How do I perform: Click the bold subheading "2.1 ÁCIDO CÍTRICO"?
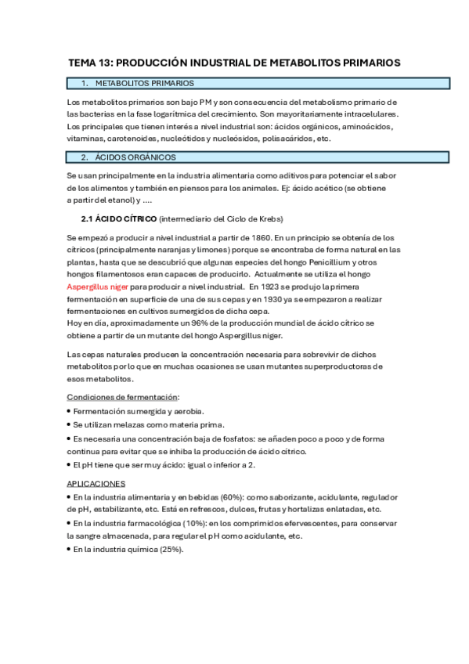119,218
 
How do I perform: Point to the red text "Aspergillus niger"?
97,287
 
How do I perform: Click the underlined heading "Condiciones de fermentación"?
123,397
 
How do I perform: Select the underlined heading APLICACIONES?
96,484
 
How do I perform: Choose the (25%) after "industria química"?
170,549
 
